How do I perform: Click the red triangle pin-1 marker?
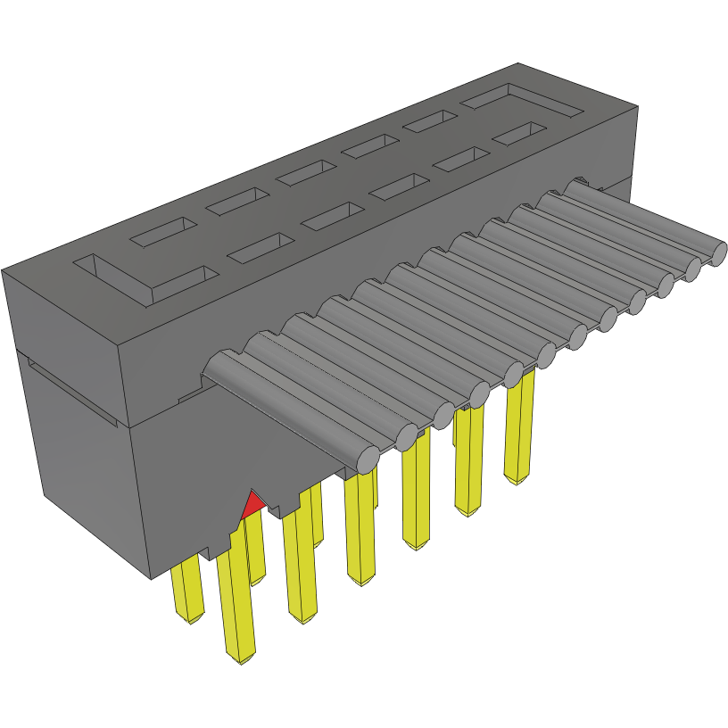252,505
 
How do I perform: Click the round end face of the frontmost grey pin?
367,459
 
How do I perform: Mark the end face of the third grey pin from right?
665,284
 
